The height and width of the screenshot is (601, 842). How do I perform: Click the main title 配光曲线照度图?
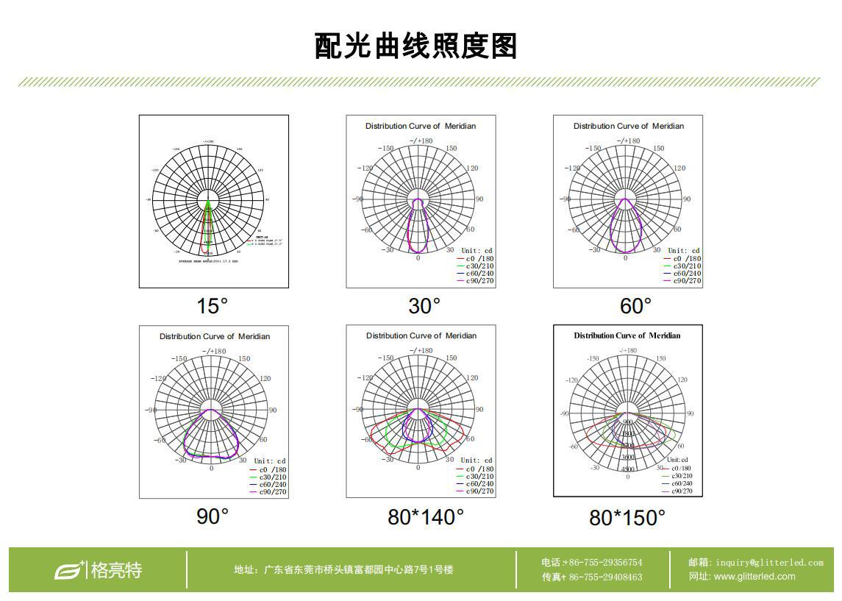click(x=416, y=46)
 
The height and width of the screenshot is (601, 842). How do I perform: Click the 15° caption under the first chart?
click(x=213, y=305)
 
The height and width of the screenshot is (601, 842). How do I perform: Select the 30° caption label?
click(x=424, y=305)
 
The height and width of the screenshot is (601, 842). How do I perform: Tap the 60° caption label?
click(x=635, y=305)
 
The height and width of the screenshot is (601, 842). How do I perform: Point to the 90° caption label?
click(x=213, y=516)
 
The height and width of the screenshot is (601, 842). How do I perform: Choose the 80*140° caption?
click(x=426, y=517)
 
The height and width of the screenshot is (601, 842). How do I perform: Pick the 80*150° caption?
click(x=627, y=518)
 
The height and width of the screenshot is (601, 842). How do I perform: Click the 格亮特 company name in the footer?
click(x=116, y=570)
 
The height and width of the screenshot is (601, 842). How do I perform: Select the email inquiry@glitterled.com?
click(x=769, y=563)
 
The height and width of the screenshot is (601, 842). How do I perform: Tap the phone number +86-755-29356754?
click(x=602, y=563)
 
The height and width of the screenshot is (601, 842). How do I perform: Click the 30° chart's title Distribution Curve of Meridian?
click(x=421, y=126)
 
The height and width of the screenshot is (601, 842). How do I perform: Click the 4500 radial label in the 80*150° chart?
click(x=627, y=469)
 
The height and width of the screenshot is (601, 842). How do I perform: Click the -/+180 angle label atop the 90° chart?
click(x=215, y=351)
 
